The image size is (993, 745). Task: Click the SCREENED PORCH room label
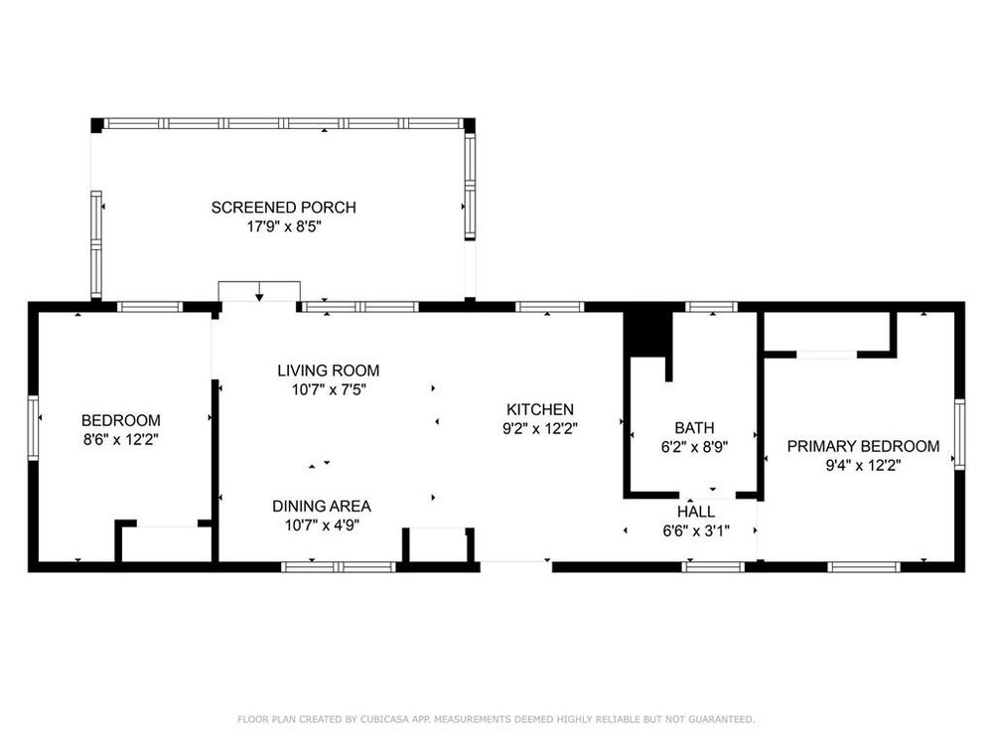[284, 208]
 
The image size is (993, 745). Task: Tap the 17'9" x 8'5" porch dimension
[284, 226]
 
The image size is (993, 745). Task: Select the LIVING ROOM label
[329, 371]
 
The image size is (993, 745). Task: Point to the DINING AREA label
[322, 507]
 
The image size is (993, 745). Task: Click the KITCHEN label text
[540, 409]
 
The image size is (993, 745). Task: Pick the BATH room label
[695, 427]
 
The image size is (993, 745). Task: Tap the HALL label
[697, 512]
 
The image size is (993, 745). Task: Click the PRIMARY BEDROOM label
[863, 446]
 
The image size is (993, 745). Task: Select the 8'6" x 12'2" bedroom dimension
[121, 440]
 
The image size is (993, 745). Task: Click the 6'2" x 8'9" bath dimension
[695, 447]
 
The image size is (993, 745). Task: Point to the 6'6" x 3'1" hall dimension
[697, 531]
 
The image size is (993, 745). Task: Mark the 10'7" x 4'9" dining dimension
[323, 525]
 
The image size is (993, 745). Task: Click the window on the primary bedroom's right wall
[959, 435]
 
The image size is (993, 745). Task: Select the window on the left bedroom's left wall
[33, 427]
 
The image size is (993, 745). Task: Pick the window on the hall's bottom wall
[713, 567]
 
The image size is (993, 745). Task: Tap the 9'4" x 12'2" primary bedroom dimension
[863, 466]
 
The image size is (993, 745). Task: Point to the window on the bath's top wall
[712, 307]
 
